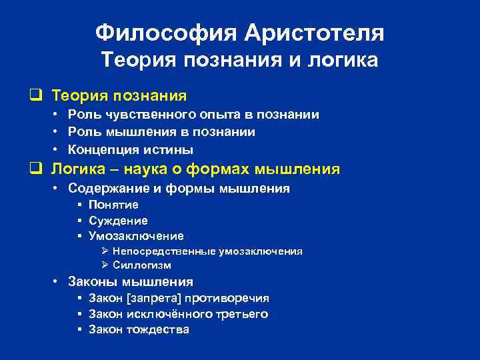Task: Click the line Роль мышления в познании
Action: click(162, 132)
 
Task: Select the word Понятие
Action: click(113, 205)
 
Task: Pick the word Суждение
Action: click(118, 221)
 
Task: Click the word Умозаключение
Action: click(136, 236)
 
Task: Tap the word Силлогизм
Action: click(142, 265)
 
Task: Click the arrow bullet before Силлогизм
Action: click(105, 265)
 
